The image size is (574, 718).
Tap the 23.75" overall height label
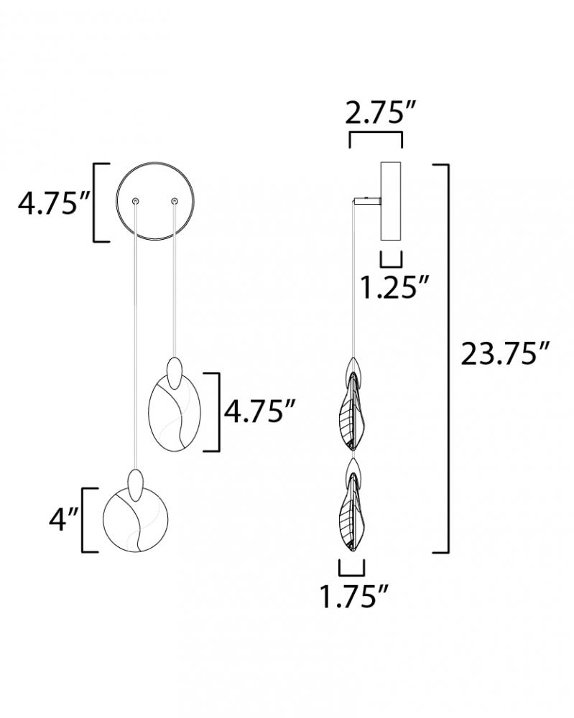(x=504, y=353)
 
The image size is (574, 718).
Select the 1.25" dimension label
(x=394, y=287)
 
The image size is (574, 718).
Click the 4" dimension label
(x=64, y=519)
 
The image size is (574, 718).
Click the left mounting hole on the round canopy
(x=135, y=201)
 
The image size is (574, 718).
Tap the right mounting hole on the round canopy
(x=174, y=200)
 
